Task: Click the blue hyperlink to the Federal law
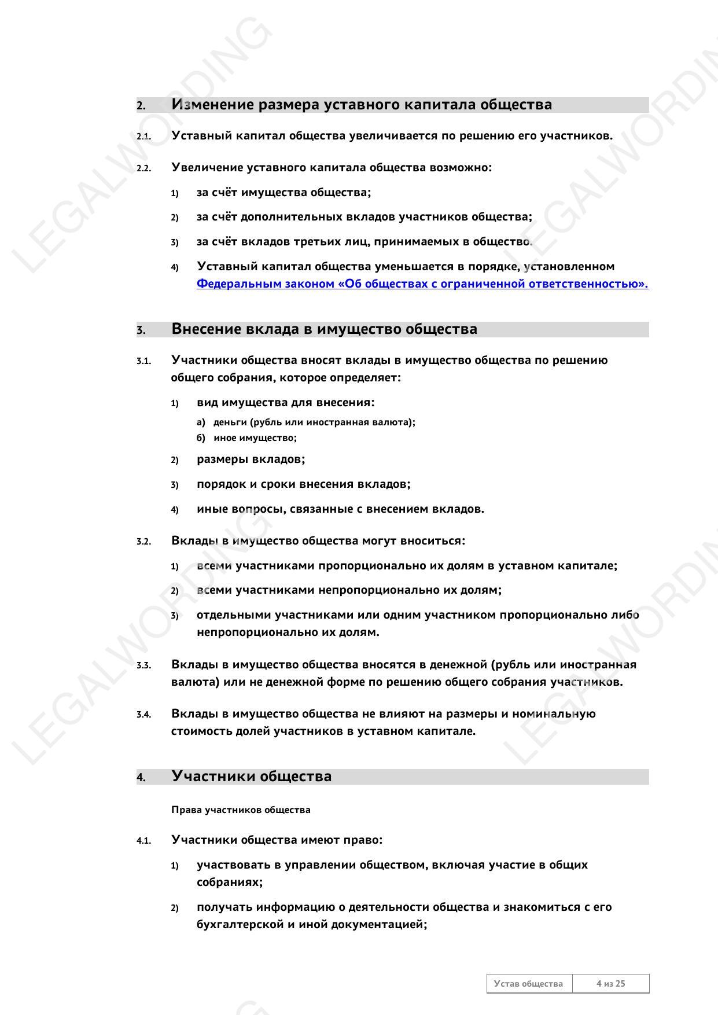tap(422, 284)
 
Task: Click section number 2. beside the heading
tap(141, 106)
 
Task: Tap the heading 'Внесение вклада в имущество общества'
tap(324, 329)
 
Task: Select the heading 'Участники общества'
tap(251, 777)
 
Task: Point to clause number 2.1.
tap(143, 137)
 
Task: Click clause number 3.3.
tap(143, 665)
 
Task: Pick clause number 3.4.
tap(143, 715)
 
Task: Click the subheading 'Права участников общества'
tap(241, 810)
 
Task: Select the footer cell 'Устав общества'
tap(528, 984)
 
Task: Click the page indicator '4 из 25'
tap(611, 984)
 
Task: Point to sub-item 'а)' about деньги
tap(201, 422)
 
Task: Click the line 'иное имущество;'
tap(255, 438)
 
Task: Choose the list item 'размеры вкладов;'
tap(251, 459)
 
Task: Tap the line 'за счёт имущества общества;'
tap(283, 193)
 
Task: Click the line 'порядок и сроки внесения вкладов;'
tap(303, 484)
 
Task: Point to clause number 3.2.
tap(143, 542)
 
